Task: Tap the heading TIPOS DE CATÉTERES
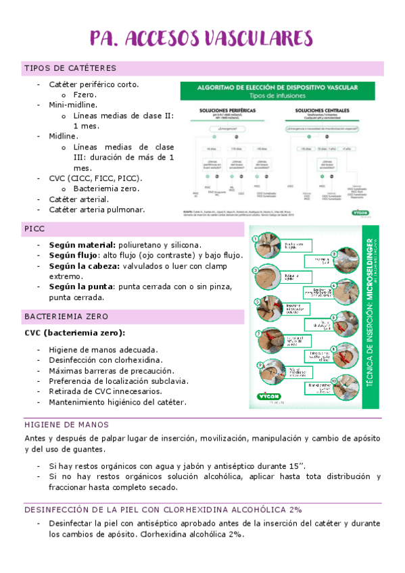[x=70, y=68]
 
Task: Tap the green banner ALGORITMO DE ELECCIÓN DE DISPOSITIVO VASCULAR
[x=277, y=89]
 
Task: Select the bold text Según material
[x=80, y=245]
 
